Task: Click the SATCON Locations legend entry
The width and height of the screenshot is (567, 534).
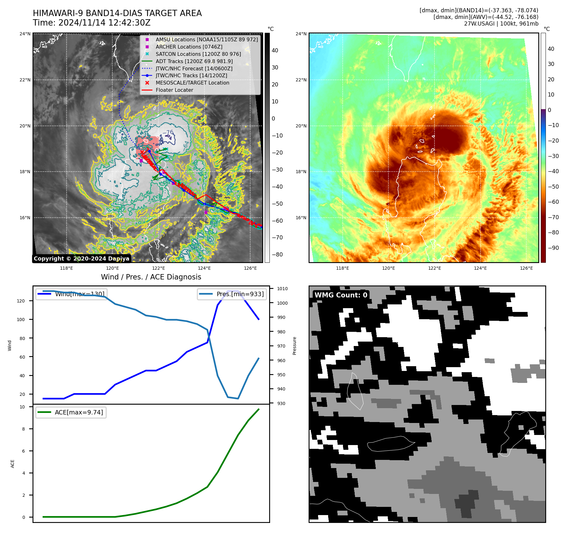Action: [198, 54]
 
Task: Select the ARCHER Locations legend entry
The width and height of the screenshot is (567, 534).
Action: [189, 47]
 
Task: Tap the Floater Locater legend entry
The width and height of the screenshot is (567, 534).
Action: [174, 90]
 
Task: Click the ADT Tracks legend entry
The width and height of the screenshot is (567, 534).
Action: [194, 61]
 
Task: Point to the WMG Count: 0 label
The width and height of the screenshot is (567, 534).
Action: [341, 295]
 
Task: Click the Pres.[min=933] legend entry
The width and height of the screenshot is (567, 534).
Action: [240, 294]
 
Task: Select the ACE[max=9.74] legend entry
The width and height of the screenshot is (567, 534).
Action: [79, 412]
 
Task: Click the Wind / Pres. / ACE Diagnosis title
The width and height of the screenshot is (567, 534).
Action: [151, 277]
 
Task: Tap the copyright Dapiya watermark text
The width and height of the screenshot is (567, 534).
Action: [81, 259]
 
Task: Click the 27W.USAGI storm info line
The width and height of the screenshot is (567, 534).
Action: [501, 24]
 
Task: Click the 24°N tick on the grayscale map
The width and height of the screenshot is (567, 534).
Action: [25, 34]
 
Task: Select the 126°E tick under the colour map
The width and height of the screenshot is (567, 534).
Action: [526, 268]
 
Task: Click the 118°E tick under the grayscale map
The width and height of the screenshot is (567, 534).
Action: [66, 268]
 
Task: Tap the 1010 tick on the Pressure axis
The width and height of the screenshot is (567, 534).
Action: [282, 289]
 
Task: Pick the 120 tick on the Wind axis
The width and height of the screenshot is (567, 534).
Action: [21, 301]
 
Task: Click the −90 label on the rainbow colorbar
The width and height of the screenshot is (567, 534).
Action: [553, 248]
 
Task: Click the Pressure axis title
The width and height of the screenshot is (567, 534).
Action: [295, 346]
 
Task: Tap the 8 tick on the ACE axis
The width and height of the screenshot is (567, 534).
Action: [24, 429]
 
